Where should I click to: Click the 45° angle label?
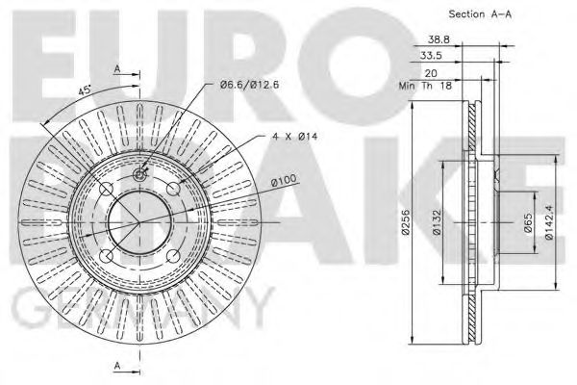point(86,90)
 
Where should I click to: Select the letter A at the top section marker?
point(117,69)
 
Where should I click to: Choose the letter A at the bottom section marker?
point(117,366)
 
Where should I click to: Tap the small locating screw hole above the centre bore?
point(139,174)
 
